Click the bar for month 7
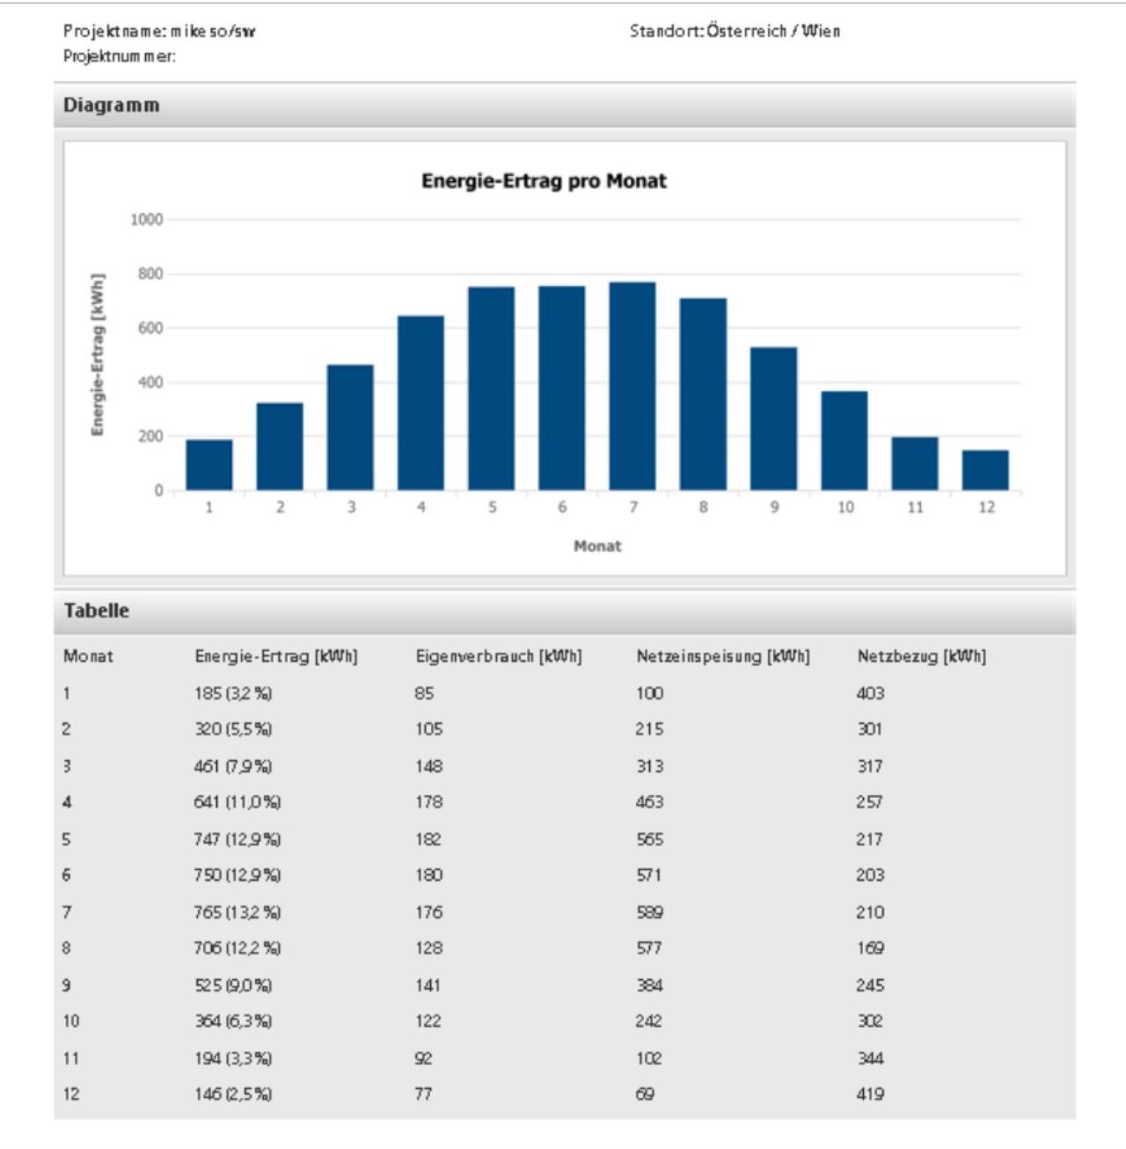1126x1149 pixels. coord(632,385)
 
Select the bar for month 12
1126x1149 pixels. coord(985,470)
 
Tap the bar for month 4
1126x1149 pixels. coord(420,402)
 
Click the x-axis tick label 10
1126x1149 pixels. coord(845,507)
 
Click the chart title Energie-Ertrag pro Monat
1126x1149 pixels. coord(544,180)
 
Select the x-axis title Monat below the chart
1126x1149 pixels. coord(597,545)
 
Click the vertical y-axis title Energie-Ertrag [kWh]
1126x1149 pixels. coord(98,355)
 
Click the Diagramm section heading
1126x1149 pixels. coord(112,105)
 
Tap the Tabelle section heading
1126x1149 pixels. coord(97,611)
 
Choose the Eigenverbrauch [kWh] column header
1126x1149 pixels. coord(499,656)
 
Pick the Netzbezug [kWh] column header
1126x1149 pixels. coord(921,656)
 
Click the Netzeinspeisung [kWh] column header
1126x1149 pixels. coord(723,656)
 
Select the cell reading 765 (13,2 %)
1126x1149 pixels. coord(238,912)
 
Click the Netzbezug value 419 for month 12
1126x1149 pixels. coord(870,1094)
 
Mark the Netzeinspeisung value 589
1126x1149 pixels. coord(649,912)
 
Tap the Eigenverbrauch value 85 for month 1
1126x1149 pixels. coord(425,693)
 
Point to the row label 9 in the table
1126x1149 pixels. coord(66,985)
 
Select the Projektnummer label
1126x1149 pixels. coord(120,56)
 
